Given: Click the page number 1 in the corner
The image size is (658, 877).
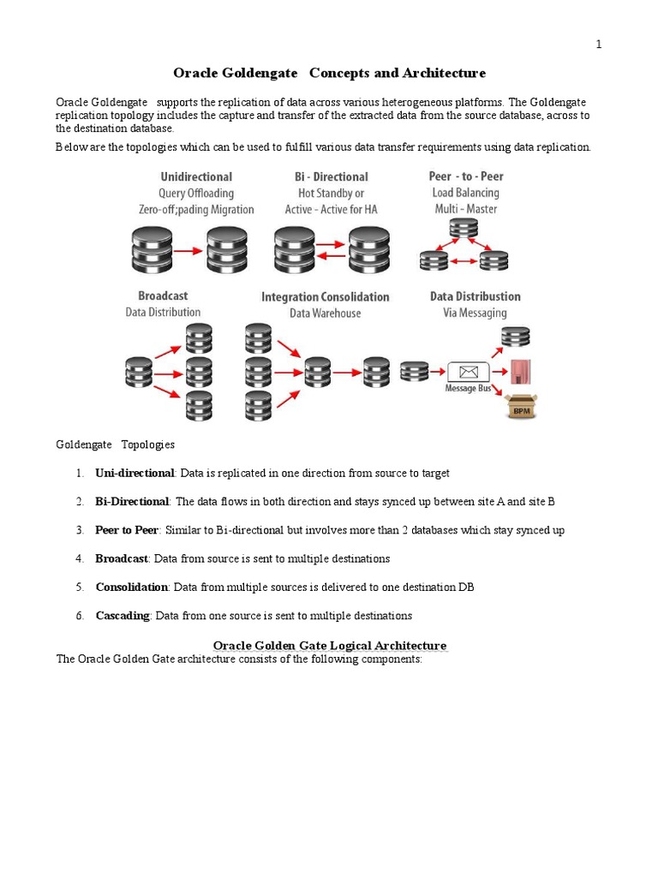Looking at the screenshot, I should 599,45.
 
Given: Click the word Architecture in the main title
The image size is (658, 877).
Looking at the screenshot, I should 443,74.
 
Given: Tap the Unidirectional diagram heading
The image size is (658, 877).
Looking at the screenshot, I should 196,177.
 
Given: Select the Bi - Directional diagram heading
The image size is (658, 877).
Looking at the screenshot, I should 331,177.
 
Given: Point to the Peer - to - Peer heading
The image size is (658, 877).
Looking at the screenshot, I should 466,176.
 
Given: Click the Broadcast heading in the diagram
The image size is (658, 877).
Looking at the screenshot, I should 163,296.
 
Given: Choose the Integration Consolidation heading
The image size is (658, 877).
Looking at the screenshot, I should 325,297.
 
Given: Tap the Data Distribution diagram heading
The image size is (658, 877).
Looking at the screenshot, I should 475,297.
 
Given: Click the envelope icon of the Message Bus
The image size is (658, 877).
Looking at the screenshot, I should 468,373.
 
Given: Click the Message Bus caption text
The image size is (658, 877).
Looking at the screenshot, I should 467,389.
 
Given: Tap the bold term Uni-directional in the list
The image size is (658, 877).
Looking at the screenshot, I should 135,474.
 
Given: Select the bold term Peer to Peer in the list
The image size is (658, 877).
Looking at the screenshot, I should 127,530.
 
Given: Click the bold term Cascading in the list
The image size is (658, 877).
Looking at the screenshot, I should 123,616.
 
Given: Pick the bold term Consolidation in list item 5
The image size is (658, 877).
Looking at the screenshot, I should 132,588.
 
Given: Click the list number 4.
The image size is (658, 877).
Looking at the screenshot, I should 79,558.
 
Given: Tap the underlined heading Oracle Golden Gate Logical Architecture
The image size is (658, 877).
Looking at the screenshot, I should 329,646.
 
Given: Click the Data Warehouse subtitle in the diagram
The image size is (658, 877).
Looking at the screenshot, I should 325,313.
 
